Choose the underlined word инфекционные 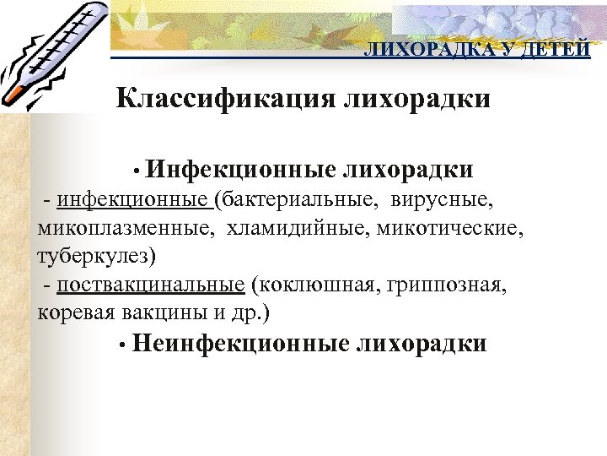[134, 201]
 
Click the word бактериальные [295, 201]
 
